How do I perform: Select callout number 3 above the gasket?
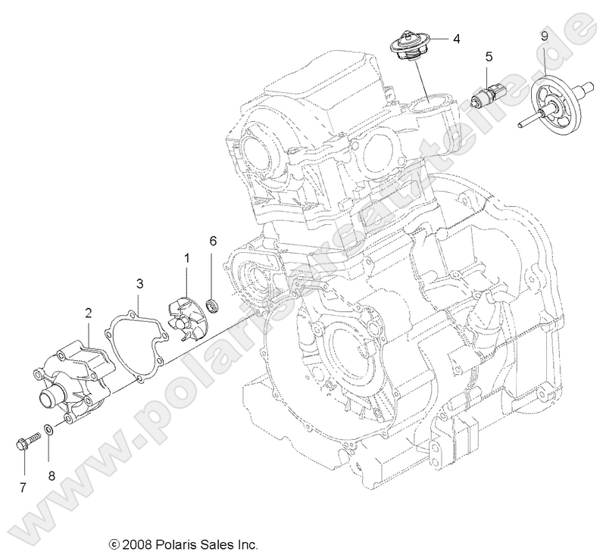click(139, 284)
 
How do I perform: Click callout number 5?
click(489, 56)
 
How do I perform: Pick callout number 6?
click(213, 241)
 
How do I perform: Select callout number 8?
click(52, 475)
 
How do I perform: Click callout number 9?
click(544, 36)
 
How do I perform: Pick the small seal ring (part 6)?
click(213, 305)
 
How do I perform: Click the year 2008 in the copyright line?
click(136, 544)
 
